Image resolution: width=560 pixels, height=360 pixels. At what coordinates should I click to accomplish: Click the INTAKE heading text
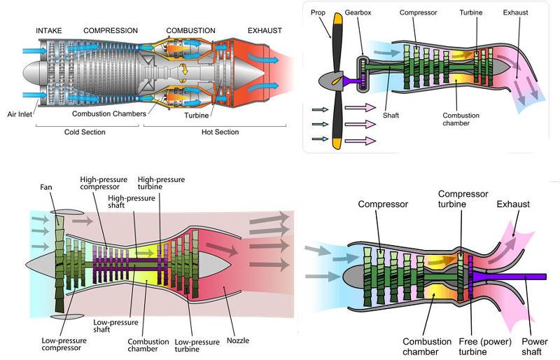(x=50, y=31)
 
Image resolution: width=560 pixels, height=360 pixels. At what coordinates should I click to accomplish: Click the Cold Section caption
(x=85, y=132)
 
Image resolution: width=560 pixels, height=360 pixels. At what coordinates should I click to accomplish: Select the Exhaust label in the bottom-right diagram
(x=513, y=204)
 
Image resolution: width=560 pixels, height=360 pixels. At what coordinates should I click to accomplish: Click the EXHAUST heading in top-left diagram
(x=264, y=31)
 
